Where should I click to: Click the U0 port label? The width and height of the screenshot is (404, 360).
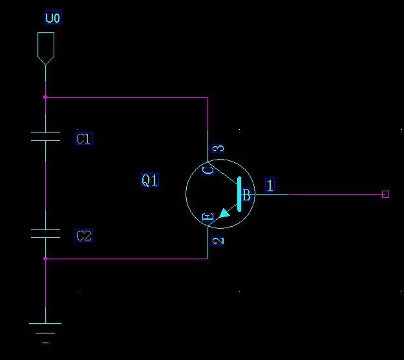[x=52, y=18]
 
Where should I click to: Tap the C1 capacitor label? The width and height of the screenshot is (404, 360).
[x=84, y=138]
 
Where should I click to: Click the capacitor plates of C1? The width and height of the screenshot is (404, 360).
[x=45, y=136]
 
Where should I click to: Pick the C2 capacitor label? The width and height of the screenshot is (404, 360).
[x=84, y=235]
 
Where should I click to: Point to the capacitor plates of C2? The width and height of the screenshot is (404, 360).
[x=45, y=233]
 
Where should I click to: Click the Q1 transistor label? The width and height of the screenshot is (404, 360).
[x=149, y=180]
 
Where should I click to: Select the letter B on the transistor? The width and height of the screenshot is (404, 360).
[x=246, y=195]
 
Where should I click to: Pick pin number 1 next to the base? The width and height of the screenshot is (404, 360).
[x=270, y=185]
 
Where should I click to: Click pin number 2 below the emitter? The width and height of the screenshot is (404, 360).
[x=218, y=240]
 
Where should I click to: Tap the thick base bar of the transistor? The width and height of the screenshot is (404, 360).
[x=240, y=194]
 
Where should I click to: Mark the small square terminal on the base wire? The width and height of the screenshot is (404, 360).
[x=385, y=194]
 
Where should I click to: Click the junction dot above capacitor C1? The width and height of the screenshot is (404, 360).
[x=45, y=98]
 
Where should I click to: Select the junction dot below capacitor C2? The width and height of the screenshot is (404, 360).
[x=45, y=259]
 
